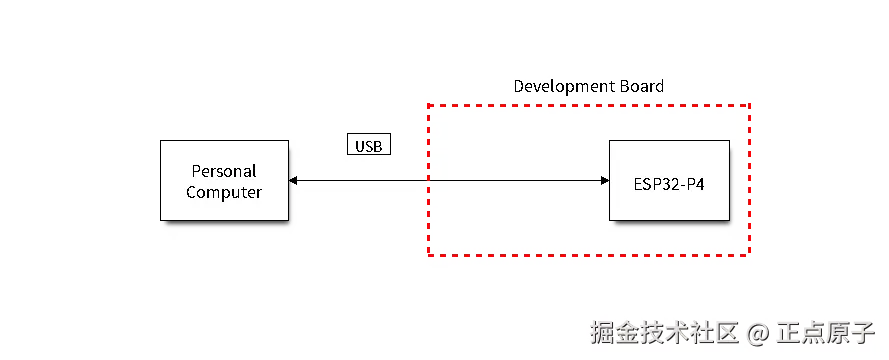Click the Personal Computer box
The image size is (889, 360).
224,180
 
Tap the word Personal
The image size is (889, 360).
224,171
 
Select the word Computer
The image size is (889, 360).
224,192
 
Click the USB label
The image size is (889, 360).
368,145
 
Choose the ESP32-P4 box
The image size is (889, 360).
669,181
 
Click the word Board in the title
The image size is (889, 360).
640,86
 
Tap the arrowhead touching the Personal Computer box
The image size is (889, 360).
293,181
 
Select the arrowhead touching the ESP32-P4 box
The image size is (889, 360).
604,181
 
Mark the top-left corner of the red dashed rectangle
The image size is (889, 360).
428,104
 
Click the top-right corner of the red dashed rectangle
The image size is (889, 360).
749,104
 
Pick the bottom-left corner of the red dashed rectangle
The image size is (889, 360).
428,256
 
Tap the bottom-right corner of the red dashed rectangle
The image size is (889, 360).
749,256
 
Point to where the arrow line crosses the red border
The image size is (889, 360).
428,181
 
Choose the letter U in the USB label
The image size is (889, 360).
360,146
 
